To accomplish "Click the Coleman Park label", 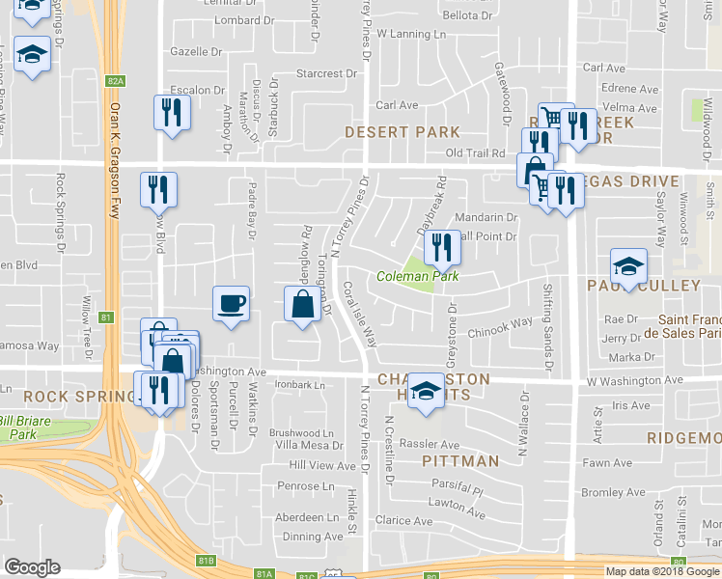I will pyautogui.click(x=417, y=277).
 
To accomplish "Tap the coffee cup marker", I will pyautogui.click(x=231, y=305).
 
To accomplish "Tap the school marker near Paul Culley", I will pyautogui.click(x=628, y=267).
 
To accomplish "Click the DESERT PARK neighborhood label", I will pyautogui.click(x=389, y=131).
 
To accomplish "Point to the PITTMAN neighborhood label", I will pyautogui.click(x=460, y=461).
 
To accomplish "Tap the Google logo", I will pyautogui.click(x=32, y=567).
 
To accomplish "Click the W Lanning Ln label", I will pyautogui.click(x=412, y=34).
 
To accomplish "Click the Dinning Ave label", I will pyautogui.click(x=314, y=537).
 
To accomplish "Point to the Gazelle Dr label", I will pyautogui.click(x=196, y=51).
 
